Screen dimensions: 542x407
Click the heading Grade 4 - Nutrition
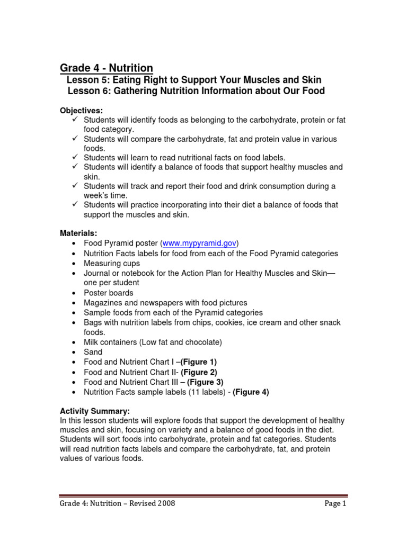click(107, 68)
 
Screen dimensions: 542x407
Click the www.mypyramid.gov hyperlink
click(199, 243)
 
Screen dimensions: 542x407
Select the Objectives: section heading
click(81, 110)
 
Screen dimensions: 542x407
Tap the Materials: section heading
click(78, 233)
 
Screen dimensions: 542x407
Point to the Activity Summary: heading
click(94, 411)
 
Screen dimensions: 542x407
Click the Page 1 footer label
click(335, 503)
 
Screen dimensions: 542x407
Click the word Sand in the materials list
click(93, 352)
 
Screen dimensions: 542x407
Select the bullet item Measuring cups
click(112, 263)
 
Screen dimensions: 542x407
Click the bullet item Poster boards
click(109, 293)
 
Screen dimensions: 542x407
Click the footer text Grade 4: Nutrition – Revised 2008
click(117, 503)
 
